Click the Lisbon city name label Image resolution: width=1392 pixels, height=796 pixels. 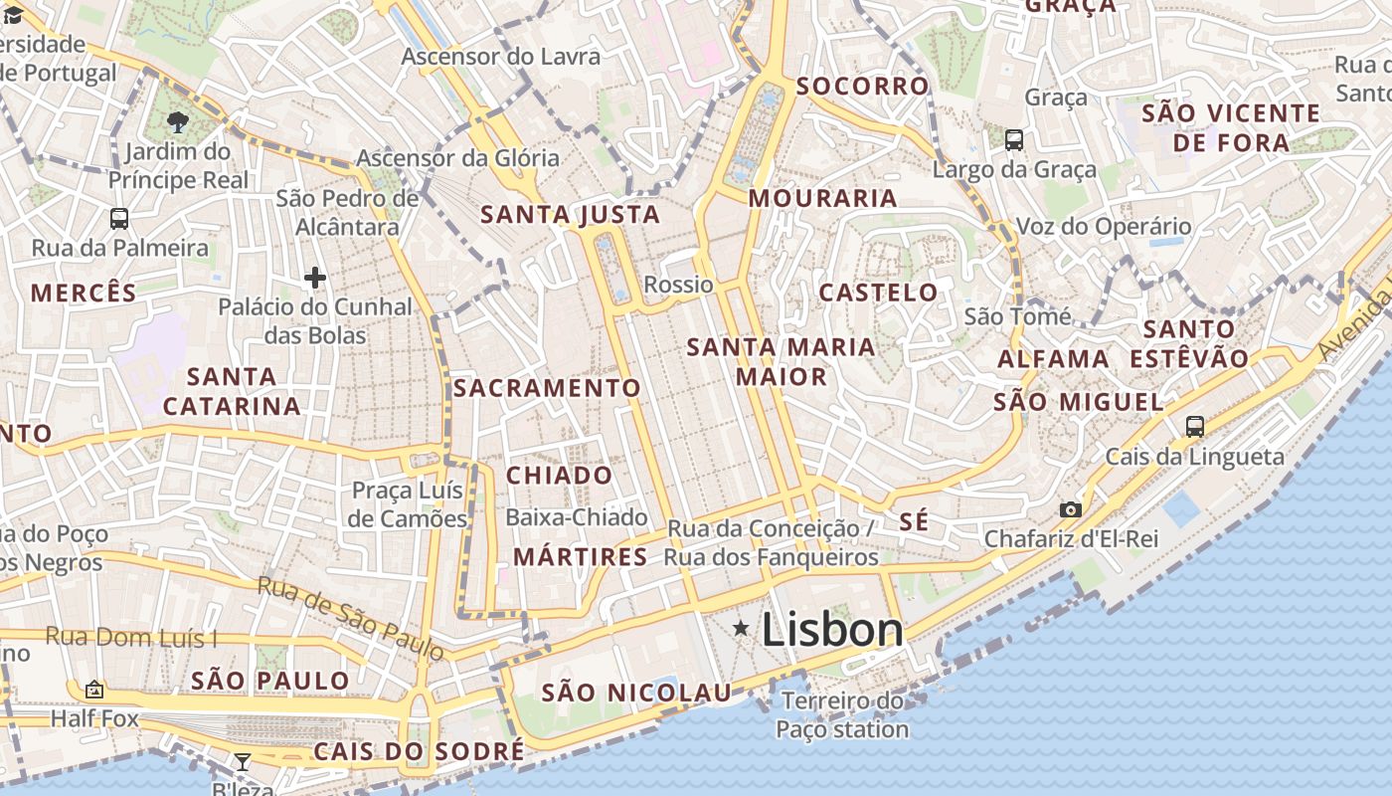832,629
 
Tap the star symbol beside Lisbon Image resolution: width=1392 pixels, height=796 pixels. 741,628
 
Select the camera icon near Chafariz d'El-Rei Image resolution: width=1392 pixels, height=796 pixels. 1070,510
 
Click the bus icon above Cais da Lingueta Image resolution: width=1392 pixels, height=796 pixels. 1195,427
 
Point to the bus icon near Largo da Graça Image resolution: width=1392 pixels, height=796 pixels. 1014,140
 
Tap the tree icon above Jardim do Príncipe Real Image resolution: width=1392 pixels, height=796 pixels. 178,122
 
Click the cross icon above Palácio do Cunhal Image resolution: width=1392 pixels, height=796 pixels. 315,278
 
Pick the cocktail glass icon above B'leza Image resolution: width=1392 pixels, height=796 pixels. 242,762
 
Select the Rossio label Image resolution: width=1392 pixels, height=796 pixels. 678,285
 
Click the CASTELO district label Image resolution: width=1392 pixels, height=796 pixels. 878,293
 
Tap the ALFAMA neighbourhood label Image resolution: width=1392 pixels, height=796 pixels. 1053,359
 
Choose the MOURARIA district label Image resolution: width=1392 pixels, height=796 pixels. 823,198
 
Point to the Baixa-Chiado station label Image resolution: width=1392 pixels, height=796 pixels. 577,517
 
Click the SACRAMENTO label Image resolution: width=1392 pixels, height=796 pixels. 548,388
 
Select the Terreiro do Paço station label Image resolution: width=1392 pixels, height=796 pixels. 842,715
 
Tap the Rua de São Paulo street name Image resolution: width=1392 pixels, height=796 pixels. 351,618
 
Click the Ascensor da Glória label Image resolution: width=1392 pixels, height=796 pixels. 457,158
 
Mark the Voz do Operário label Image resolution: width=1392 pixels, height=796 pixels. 1103,227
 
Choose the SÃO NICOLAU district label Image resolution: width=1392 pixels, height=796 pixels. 636,693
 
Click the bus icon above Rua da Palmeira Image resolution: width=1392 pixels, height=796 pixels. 119,219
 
